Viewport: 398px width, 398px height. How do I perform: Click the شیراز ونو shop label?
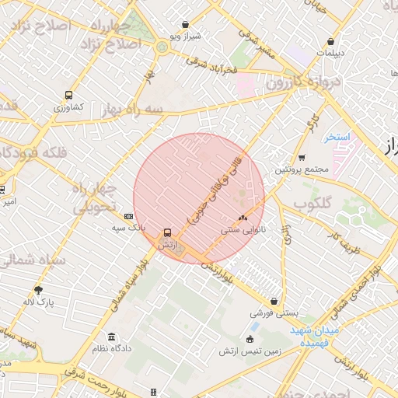tap(186, 37)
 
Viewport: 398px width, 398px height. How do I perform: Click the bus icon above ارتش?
tap(167, 232)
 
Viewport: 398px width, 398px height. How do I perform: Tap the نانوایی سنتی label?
tap(243, 229)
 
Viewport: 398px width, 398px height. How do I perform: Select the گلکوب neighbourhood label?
tap(312, 203)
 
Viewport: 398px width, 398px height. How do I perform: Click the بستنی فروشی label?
tap(273, 314)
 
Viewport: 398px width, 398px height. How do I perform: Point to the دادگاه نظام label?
tap(112, 348)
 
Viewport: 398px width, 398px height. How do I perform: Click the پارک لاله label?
tap(37, 301)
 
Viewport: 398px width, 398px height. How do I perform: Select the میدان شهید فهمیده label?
tap(316, 337)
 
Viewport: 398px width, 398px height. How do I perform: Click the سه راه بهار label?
tap(136, 110)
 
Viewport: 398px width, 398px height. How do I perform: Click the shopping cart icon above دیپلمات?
tap(331, 42)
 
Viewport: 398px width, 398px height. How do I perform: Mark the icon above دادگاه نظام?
tap(112, 337)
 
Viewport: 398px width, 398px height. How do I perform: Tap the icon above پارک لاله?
tap(38, 290)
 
